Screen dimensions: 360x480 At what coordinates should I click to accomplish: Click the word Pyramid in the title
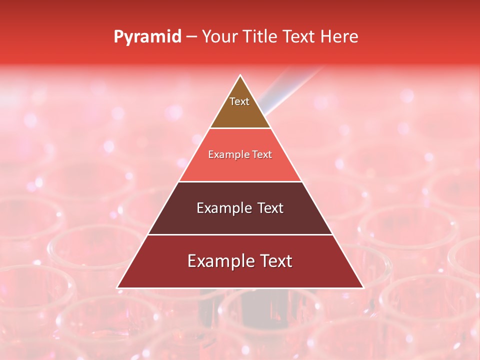[x=147, y=37]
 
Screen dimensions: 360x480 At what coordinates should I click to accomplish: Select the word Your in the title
[x=219, y=37]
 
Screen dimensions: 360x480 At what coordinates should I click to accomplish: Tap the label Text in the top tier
[x=239, y=101]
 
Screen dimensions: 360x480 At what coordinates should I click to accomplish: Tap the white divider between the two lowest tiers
[x=240, y=234]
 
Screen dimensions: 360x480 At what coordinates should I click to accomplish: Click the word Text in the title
[x=300, y=37]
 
